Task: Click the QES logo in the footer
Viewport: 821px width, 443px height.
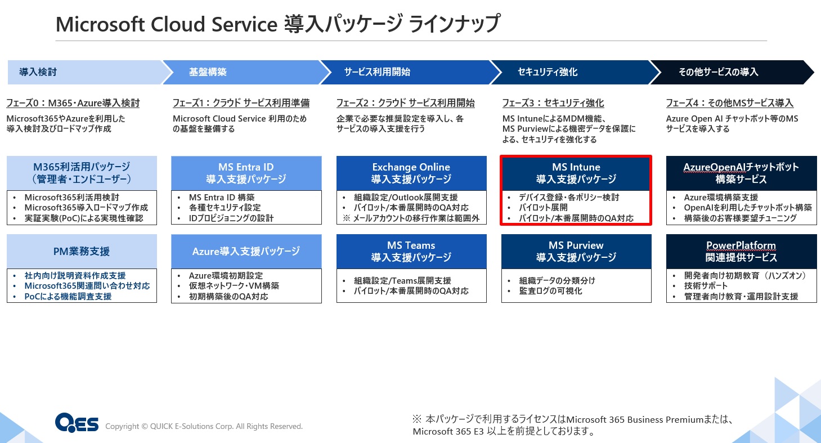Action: tap(77, 423)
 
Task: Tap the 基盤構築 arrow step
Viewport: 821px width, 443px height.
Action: tap(242, 72)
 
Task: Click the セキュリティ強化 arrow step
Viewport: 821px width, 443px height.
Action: tap(568, 72)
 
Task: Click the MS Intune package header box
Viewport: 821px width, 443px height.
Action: tap(576, 173)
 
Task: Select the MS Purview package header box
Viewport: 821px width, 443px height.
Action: tap(576, 251)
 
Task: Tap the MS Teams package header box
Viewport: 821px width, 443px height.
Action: tap(411, 251)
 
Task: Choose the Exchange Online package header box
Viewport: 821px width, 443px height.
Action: tap(411, 173)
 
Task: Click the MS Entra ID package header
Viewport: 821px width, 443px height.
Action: tap(246, 173)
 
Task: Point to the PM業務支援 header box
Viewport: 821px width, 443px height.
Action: tap(82, 251)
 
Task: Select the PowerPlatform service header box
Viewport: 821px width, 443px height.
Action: tap(741, 251)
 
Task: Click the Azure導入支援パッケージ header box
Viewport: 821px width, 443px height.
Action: tap(246, 251)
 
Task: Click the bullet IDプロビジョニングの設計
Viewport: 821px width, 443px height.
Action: tap(231, 218)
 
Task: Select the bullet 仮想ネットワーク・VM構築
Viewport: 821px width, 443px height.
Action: tap(234, 286)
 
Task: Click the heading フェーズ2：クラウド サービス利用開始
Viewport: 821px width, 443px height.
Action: tap(405, 104)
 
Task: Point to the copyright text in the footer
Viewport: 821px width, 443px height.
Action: tap(204, 427)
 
